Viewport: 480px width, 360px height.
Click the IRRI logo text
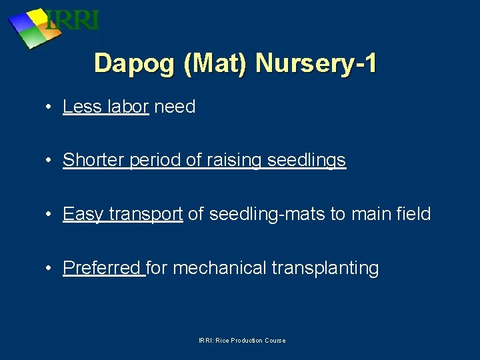72,19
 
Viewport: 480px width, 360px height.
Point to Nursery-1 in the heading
316,63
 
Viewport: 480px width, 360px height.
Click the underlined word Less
82,107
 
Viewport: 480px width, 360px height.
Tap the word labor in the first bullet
127,107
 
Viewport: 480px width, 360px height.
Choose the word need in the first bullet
175,107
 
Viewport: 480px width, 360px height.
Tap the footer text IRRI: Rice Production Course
242,341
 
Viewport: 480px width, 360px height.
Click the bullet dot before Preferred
49,269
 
